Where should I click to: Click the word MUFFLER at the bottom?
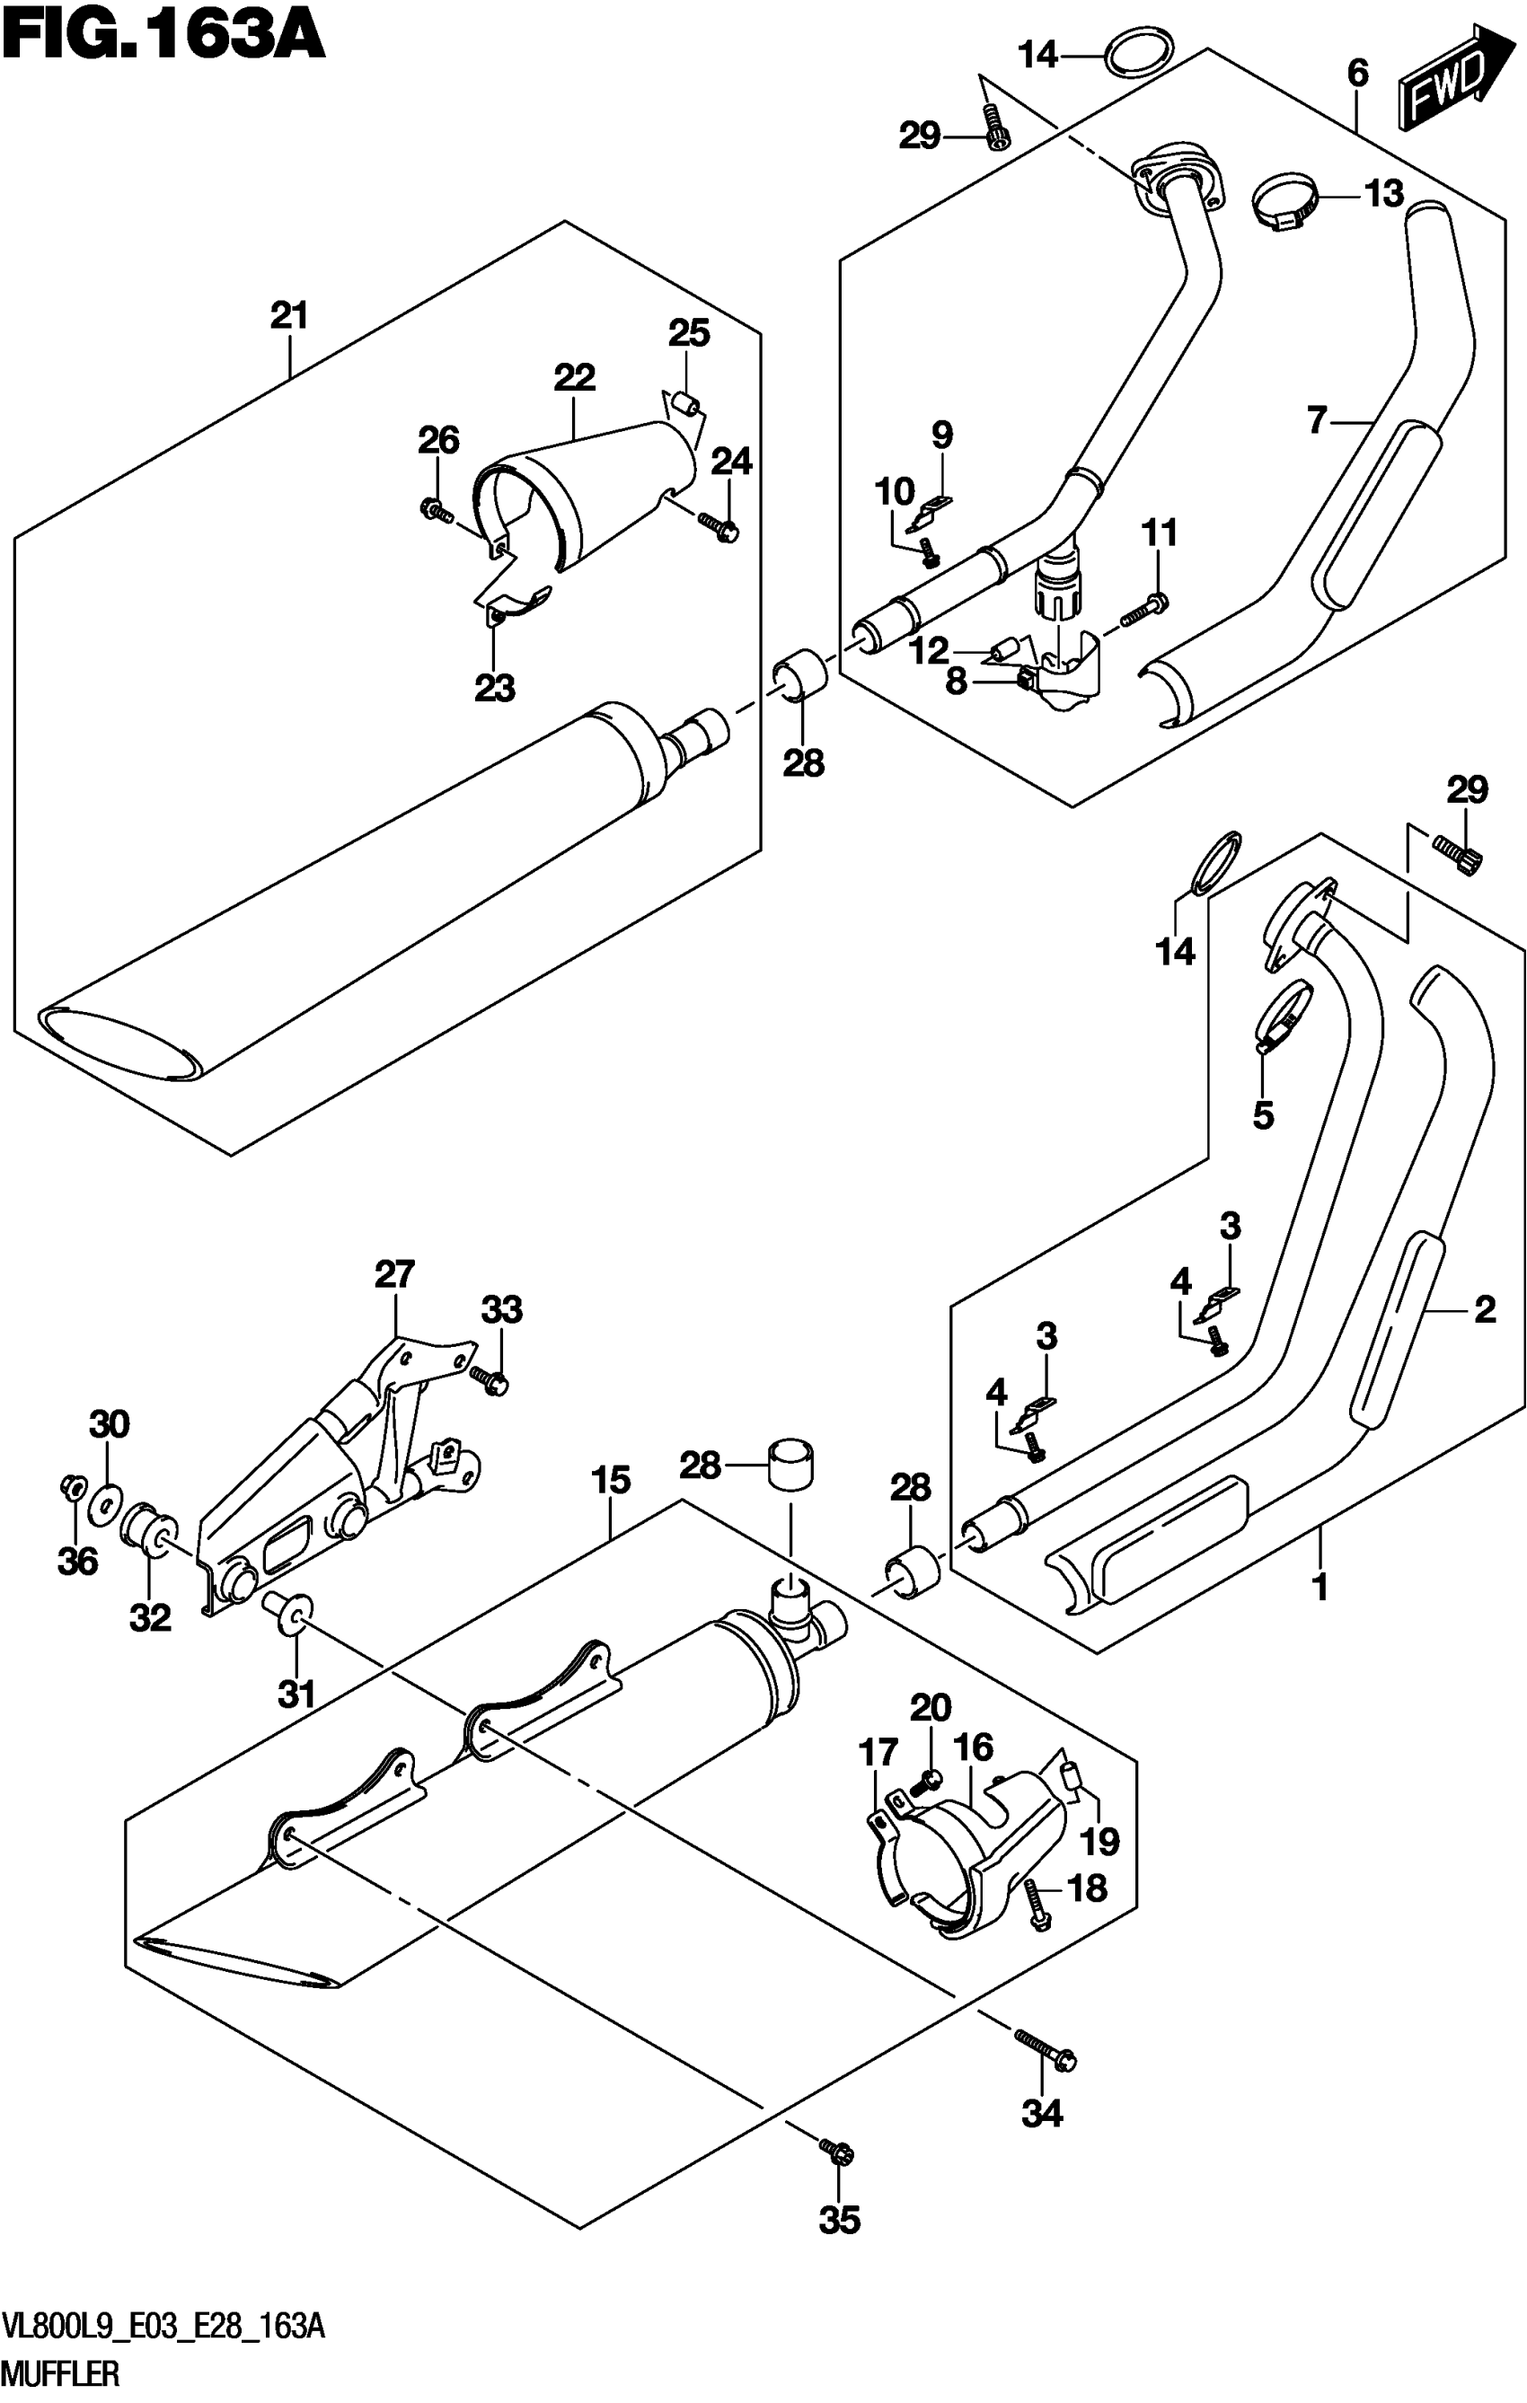tap(60, 2380)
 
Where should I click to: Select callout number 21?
tap(289, 316)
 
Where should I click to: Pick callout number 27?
tap(394, 1274)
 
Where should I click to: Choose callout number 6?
tap(1357, 73)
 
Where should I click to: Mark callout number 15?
tap(611, 1480)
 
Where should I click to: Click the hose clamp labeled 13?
tap(1285, 204)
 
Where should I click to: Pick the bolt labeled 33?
tap(493, 1382)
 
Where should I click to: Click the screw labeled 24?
tap(719, 527)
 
